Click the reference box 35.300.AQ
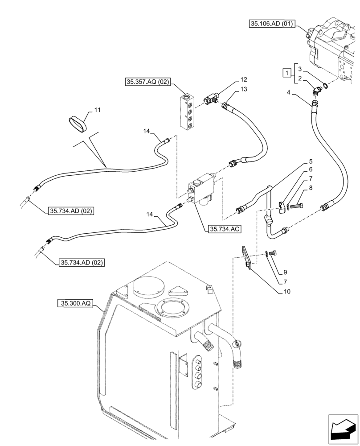coord(75,304)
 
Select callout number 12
coord(243,80)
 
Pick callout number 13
coord(243,90)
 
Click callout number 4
coord(289,92)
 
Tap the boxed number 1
coord(288,72)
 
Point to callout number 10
coord(287,292)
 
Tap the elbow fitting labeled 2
coord(316,91)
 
